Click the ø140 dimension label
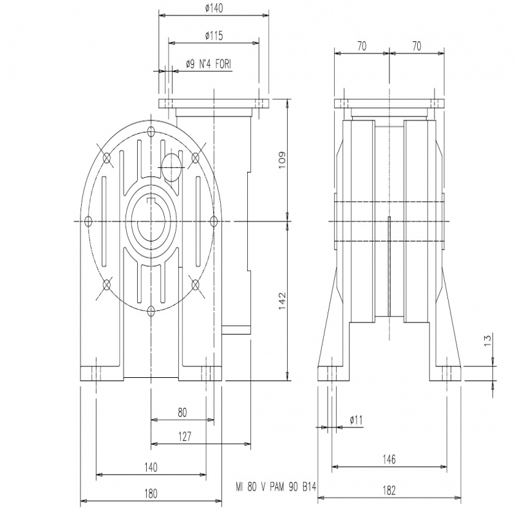coord(214,8)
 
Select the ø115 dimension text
coord(214,35)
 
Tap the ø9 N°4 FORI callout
coord(208,64)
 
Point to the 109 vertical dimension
coord(282,160)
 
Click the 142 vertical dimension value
coord(282,301)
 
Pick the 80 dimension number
coord(182,412)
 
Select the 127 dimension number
coord(185,436)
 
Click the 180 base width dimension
coord(151,493)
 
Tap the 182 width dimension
coord(389,491)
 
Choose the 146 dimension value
coord(389,459)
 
